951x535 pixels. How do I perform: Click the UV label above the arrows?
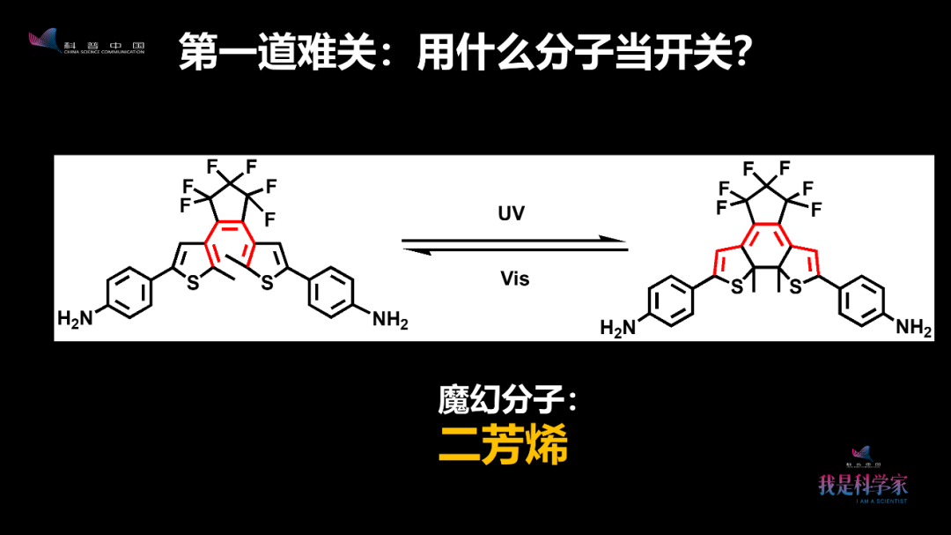click(x=511, y=214)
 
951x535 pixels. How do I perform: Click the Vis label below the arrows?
click(x=514, y=279)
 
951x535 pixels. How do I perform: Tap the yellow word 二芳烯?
click(x=503, y=446)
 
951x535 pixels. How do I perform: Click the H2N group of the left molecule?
click(x=76, y=318)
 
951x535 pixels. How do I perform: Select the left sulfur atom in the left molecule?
click(x=192, y=282)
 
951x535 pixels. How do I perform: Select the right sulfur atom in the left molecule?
click(x=267, y=282)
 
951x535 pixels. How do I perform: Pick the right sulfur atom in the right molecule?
click(x=796, y=287)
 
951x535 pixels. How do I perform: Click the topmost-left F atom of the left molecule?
click(x=212, y=166)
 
